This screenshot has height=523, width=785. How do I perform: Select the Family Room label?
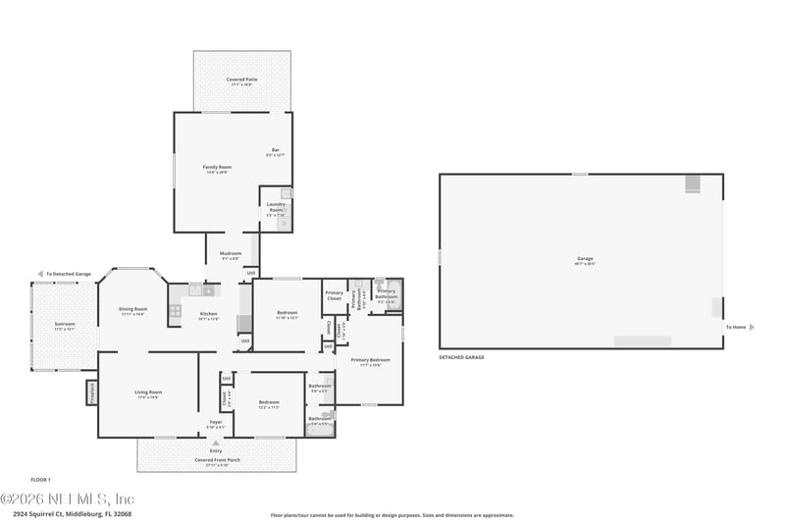217,169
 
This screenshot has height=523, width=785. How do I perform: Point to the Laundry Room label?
276,207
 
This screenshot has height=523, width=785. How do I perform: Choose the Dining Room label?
132,312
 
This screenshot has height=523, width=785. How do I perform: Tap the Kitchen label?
208,315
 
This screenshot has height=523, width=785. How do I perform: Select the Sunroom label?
64,326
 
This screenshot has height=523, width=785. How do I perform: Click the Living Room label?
148,394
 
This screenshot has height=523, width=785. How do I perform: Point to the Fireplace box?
92,392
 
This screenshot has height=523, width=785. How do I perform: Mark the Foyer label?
215,424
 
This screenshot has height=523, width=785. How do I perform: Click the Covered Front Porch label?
215,463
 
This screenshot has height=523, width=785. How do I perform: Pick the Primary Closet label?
335,295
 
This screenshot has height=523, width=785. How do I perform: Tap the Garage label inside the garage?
585,260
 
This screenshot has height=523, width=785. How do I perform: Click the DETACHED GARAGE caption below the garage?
461,357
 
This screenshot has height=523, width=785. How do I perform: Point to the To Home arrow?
751,327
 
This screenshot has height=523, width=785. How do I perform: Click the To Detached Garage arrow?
39,274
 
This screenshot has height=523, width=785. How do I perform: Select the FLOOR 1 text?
40,480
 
